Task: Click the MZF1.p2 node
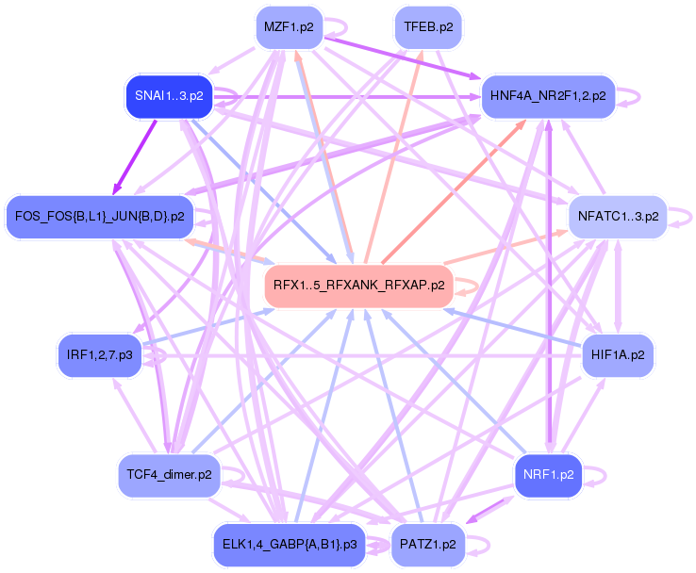289,27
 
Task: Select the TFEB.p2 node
427,27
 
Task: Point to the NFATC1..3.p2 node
618,217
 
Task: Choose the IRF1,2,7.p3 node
99,355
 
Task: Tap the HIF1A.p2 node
618,355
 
